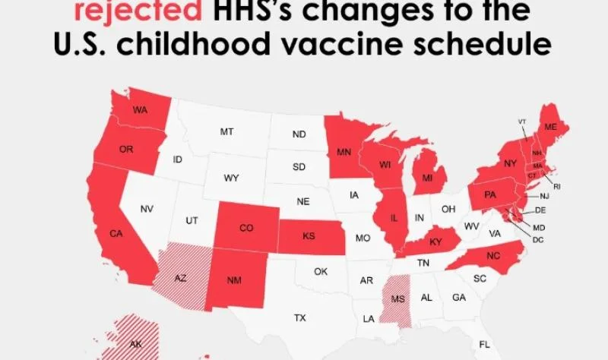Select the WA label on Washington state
(140, 111)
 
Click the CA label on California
(116, 234)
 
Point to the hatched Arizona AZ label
(180, 278)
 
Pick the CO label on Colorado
(246, 227)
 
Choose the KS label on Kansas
(309, 236)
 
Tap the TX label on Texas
(299, 317)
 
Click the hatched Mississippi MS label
(397, 298)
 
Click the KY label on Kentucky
(436, 242)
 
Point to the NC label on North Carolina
(493, 257)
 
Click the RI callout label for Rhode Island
(557, 186)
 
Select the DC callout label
(538, 240)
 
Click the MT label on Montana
(226, 131)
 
